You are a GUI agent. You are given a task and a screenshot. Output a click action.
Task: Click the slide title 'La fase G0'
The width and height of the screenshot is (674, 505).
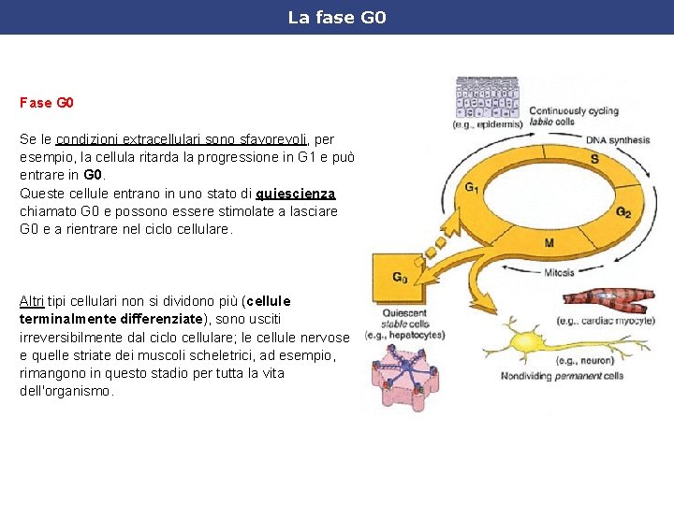tap(336, 18)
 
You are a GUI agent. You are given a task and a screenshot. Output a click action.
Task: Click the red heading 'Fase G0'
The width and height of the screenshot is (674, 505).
tap(47, 100)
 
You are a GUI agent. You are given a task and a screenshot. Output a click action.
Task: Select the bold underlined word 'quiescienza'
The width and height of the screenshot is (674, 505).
tap(295, 194)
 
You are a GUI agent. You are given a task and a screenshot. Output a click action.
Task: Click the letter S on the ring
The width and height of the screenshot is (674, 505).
tap(593, 159)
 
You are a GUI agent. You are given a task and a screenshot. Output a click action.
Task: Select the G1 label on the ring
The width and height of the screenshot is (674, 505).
tap(473, 187)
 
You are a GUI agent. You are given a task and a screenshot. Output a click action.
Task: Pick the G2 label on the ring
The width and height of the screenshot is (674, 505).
tap(623, 212)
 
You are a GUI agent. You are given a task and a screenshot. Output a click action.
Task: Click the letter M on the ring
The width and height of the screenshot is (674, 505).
tap(549, 242)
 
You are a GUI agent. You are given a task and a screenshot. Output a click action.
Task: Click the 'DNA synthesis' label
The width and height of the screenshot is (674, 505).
tap(617, 140)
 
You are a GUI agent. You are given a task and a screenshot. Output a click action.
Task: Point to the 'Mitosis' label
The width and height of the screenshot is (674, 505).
tap(559, 273)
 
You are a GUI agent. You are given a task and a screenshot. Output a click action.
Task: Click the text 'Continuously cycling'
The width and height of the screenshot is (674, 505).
tap(574, 110)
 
